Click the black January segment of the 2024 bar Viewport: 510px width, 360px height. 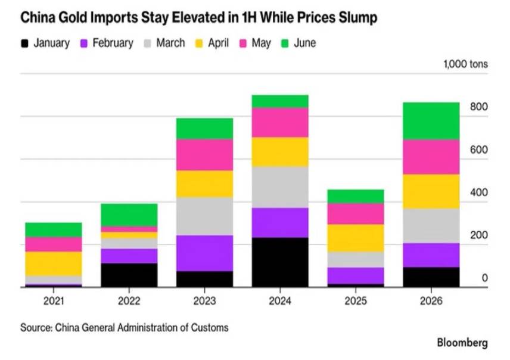(280, 262)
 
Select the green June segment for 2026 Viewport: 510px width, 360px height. (431, 121)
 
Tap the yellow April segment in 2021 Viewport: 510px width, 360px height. (54, 263)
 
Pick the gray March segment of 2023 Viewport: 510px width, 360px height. (204, 216)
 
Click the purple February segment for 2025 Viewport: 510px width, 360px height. (356, 276)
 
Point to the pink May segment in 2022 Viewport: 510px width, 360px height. (129, 229)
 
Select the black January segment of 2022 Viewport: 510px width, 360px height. (129, 275)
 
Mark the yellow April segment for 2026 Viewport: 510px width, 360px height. (431, 191)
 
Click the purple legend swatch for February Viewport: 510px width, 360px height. (84, 44)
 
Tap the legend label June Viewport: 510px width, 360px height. (305, 43)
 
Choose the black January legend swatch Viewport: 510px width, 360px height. (24, 44)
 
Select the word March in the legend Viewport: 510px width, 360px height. (170, 43)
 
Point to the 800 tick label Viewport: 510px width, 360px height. (479, 107)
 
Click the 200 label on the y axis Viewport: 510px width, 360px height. (479, 235)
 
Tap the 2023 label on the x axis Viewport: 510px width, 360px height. (204, 301)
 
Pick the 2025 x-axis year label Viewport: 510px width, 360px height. (356, 301)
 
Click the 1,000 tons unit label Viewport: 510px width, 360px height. (465, 64)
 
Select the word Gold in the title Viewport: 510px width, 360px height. (73, 17)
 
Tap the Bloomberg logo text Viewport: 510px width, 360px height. (462, 343)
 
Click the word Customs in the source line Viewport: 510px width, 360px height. (210, 327)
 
